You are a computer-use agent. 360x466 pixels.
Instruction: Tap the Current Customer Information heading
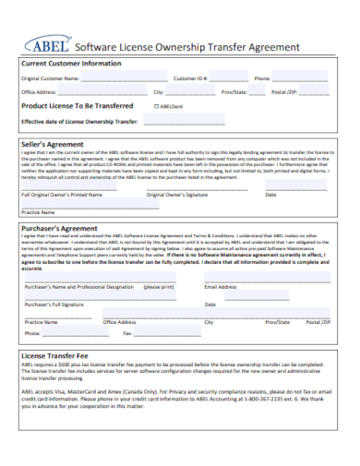[x=71, y=64]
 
